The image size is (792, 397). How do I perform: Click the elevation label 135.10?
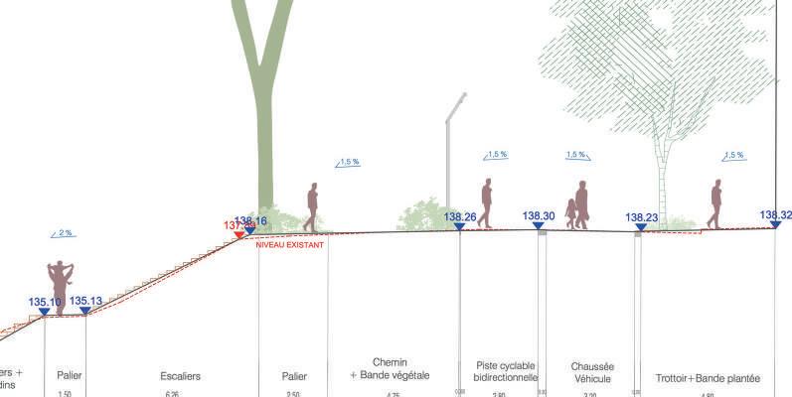45,302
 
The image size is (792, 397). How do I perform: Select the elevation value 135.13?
85,302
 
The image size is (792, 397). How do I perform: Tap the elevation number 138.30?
539,215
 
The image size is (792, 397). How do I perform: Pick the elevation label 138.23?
642,218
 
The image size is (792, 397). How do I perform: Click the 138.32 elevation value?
775,215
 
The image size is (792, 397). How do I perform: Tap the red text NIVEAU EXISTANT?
290,244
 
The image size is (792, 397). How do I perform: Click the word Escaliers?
180,377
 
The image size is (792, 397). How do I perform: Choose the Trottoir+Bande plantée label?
708,378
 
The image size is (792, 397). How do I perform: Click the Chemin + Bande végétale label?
390,369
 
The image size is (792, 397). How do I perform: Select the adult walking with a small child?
577,205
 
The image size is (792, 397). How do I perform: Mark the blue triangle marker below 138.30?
539,226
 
